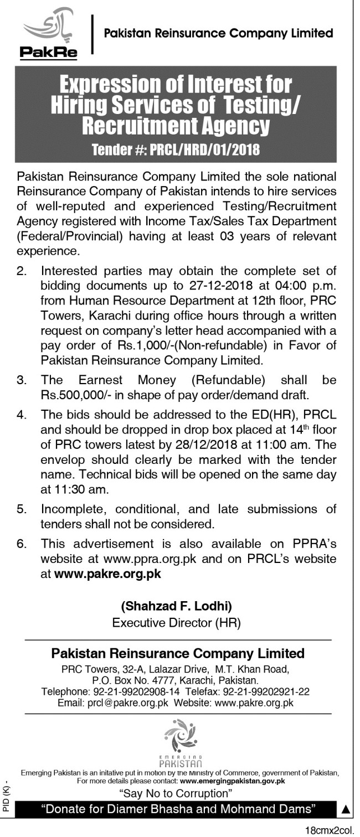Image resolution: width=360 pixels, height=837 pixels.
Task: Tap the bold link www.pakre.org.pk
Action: pyautogui.click(x=107, y=573)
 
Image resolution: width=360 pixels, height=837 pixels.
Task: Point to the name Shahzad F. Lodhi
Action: pyautogui.click(x=177, y=606)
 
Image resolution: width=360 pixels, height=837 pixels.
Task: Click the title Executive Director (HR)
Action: pyautogui.click(x=177, y=622)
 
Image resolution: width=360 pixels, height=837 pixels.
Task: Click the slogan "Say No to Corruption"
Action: pyautogui.click(x=176, y=793)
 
